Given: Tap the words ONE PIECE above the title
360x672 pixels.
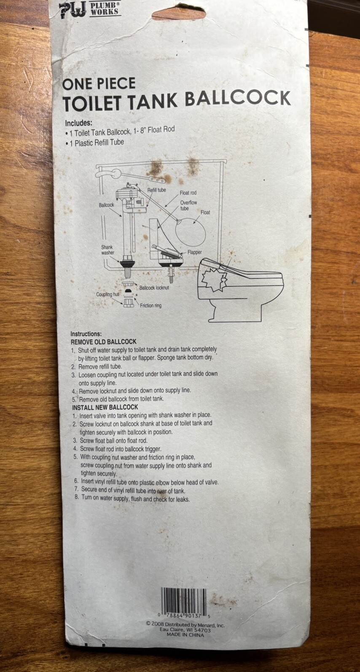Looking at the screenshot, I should click(99, 83).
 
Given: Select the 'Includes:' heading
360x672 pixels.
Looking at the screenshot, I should click(78, 124).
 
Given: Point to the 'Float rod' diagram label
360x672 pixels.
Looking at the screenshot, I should click(188, 193).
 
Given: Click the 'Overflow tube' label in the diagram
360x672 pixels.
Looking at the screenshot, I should click(188, 205).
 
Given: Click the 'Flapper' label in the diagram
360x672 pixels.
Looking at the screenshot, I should click(195, 252).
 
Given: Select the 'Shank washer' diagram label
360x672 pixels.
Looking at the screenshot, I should click(107, 250).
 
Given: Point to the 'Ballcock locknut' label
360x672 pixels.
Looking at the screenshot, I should click(154, 288).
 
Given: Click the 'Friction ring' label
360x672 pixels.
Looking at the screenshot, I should click(150, 305).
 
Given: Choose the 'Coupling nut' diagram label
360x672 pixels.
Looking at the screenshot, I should click(104, 294).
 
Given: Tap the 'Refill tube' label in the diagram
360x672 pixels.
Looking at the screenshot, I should click(156, 190).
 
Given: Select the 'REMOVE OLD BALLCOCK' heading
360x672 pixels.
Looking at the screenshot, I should click(103, 341).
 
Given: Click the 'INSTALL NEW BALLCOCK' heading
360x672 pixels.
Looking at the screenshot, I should click(105, 407).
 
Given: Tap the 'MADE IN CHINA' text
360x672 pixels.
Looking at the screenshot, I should click(185, 634).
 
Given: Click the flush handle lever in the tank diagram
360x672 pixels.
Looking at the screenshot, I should click(109, 172).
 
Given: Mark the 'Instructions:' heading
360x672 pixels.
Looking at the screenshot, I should click(86, 333).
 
